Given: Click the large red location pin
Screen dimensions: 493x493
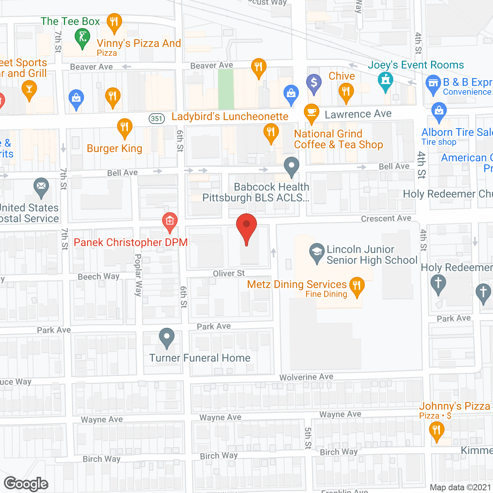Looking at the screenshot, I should pos(246,227).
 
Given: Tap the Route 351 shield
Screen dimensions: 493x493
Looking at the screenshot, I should pos(157,119).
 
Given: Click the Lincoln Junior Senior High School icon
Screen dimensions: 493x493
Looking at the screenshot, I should pos(317,252).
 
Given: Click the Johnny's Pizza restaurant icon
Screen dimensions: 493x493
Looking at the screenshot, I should pos(436,429).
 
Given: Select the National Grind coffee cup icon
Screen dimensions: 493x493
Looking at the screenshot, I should pos(312,112).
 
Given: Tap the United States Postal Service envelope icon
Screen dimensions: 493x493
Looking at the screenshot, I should pos(41,186).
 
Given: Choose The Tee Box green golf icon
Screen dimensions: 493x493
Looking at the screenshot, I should pos(82,38).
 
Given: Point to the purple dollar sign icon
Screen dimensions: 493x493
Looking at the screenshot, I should pos(314,82).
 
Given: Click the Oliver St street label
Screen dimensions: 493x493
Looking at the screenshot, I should pos(229,273).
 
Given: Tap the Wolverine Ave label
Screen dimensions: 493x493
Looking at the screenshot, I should pos(306,377).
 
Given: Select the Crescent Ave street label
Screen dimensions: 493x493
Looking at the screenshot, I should pos(386,218).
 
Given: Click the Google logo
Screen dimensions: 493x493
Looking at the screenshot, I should pos(26,484).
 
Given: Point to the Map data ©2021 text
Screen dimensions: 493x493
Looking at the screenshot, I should pos(460,488).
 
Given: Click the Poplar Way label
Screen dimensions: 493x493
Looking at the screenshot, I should pos(138,275).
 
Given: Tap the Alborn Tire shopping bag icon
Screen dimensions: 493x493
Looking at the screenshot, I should pos(439,111).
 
